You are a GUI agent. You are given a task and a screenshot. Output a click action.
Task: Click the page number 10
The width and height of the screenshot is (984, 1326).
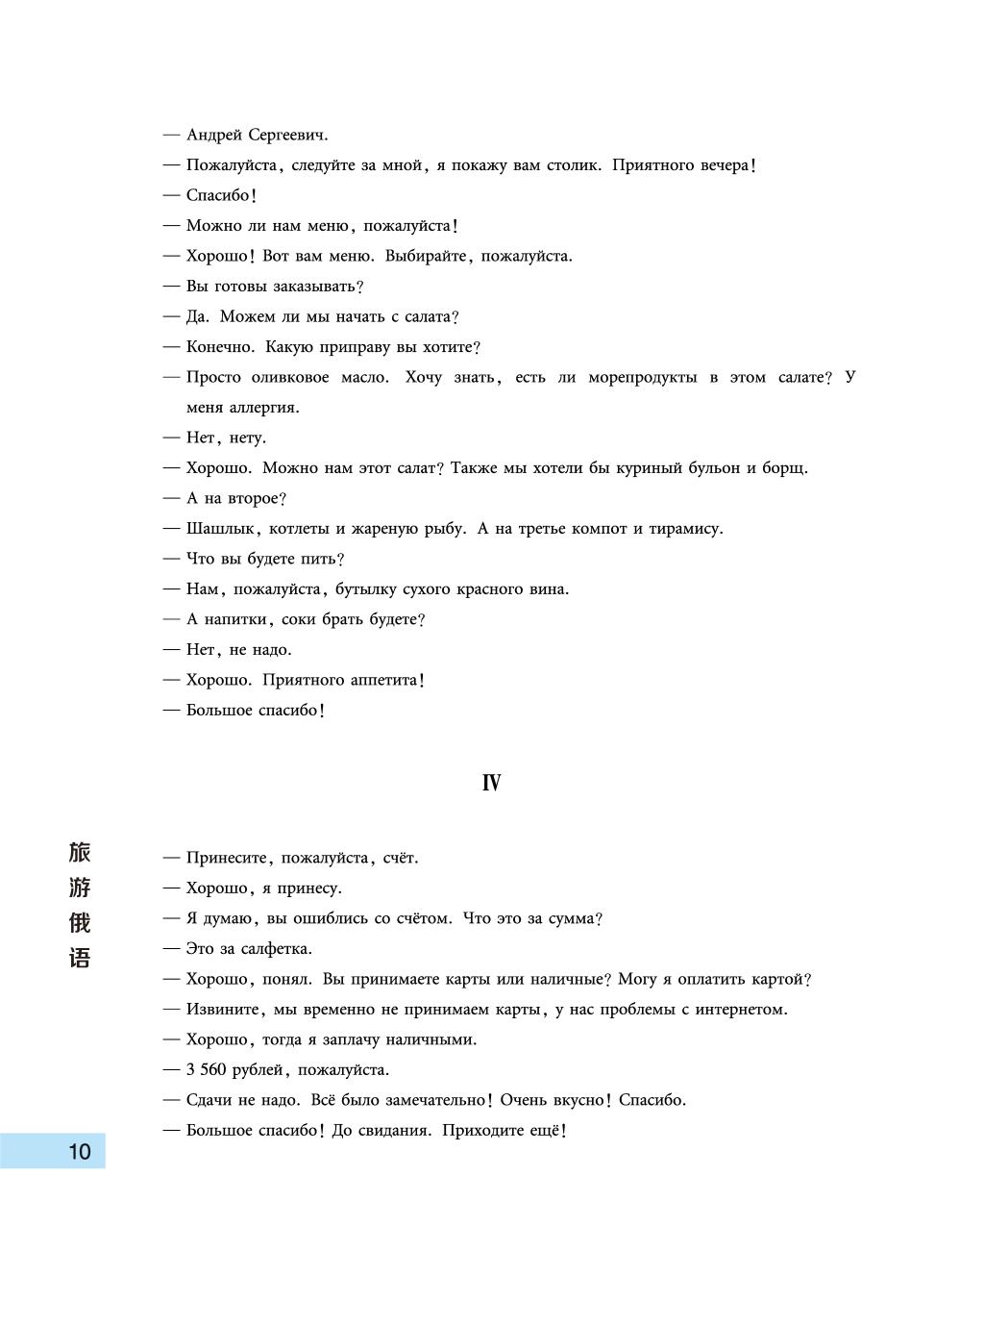click(x=79, y=1151)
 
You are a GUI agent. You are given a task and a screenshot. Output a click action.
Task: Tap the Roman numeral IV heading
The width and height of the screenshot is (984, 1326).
click(x=491, y=784)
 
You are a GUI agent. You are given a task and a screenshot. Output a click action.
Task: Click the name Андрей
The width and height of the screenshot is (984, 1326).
click(x=214, y=136)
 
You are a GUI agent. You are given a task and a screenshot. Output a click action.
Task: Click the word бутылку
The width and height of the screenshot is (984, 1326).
click(x=365, y=589)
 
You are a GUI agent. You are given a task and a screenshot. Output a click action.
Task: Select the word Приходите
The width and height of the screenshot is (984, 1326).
click(x=482, y=1131)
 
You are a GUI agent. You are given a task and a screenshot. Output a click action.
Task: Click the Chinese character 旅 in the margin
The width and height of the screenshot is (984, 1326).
click(x=80, y=853)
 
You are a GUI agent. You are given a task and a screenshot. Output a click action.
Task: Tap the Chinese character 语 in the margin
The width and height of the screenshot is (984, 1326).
click(x=80, y=958)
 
